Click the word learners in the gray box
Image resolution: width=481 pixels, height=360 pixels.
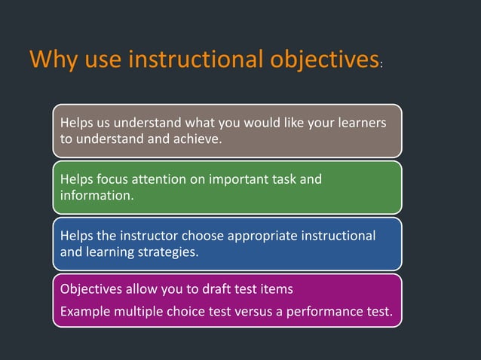364,122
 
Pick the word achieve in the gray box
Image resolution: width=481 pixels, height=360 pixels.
198,138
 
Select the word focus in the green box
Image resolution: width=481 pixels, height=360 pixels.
112,179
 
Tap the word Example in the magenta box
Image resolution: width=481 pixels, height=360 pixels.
83,310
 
